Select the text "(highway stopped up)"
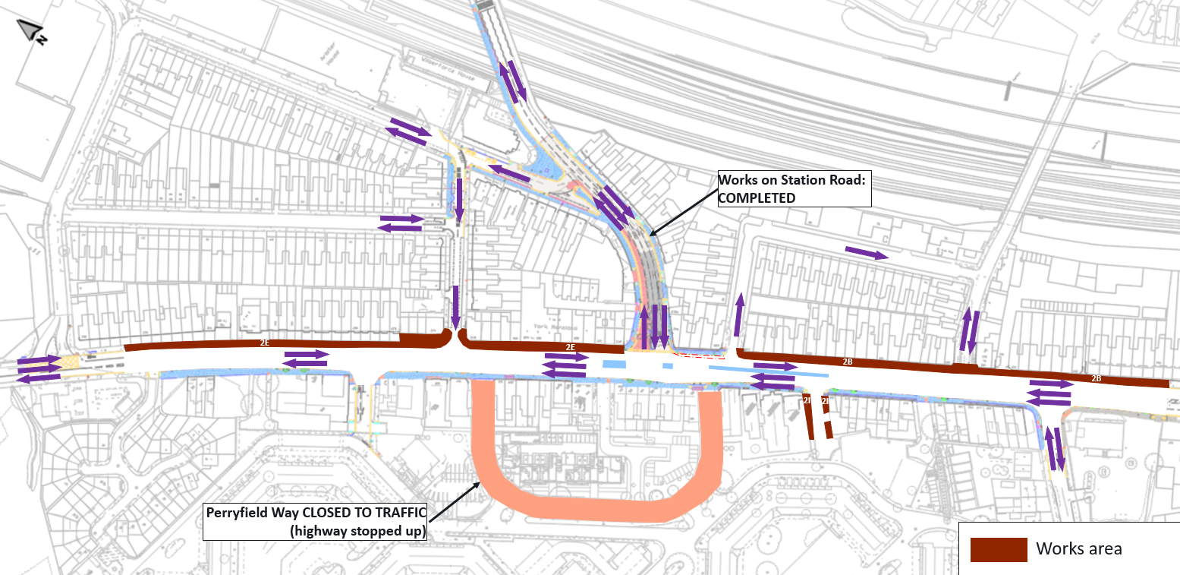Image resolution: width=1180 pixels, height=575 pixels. coord(358,530)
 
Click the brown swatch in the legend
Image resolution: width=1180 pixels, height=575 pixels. coord(998,549)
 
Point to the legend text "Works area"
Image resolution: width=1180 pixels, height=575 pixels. coord(1079,548)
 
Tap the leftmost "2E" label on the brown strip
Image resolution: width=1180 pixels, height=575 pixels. coord(264,343)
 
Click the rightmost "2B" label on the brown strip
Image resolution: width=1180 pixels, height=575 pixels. coord(1096,378)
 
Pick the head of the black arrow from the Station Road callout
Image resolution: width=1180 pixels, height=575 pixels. coord(651,232)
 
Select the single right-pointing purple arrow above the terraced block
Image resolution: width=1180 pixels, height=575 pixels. coord(867,253)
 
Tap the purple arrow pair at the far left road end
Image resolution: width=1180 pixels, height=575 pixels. coord(38,368)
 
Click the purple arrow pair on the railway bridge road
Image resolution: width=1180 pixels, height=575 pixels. coord(511,81)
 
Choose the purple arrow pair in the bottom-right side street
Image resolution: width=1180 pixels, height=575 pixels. coord(1056,449)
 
